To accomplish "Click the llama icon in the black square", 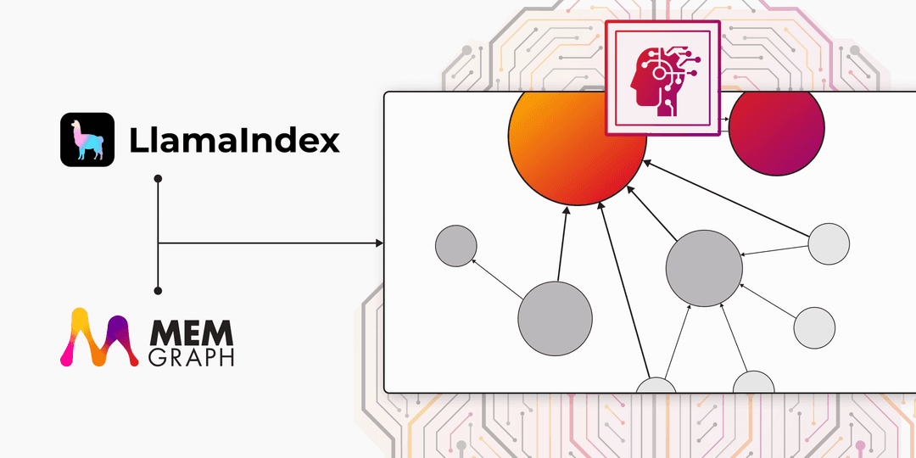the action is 87,140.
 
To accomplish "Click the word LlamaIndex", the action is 234,141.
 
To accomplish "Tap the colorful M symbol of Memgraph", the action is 99,337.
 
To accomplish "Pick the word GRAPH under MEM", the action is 191,357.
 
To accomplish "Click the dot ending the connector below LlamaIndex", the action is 158,177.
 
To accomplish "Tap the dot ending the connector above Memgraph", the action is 158,290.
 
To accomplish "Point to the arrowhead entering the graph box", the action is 380,243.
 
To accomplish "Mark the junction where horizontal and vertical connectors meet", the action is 158,243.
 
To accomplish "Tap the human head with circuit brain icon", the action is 662,78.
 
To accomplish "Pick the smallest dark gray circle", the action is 456,246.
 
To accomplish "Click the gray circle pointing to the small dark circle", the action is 555,318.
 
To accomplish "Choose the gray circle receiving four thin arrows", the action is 704,268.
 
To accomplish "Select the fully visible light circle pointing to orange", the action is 829,243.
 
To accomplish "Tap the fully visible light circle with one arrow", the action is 814,327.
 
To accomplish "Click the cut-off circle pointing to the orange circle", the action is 656,386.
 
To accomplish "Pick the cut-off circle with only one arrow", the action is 754,382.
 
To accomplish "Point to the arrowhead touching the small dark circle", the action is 474,260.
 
